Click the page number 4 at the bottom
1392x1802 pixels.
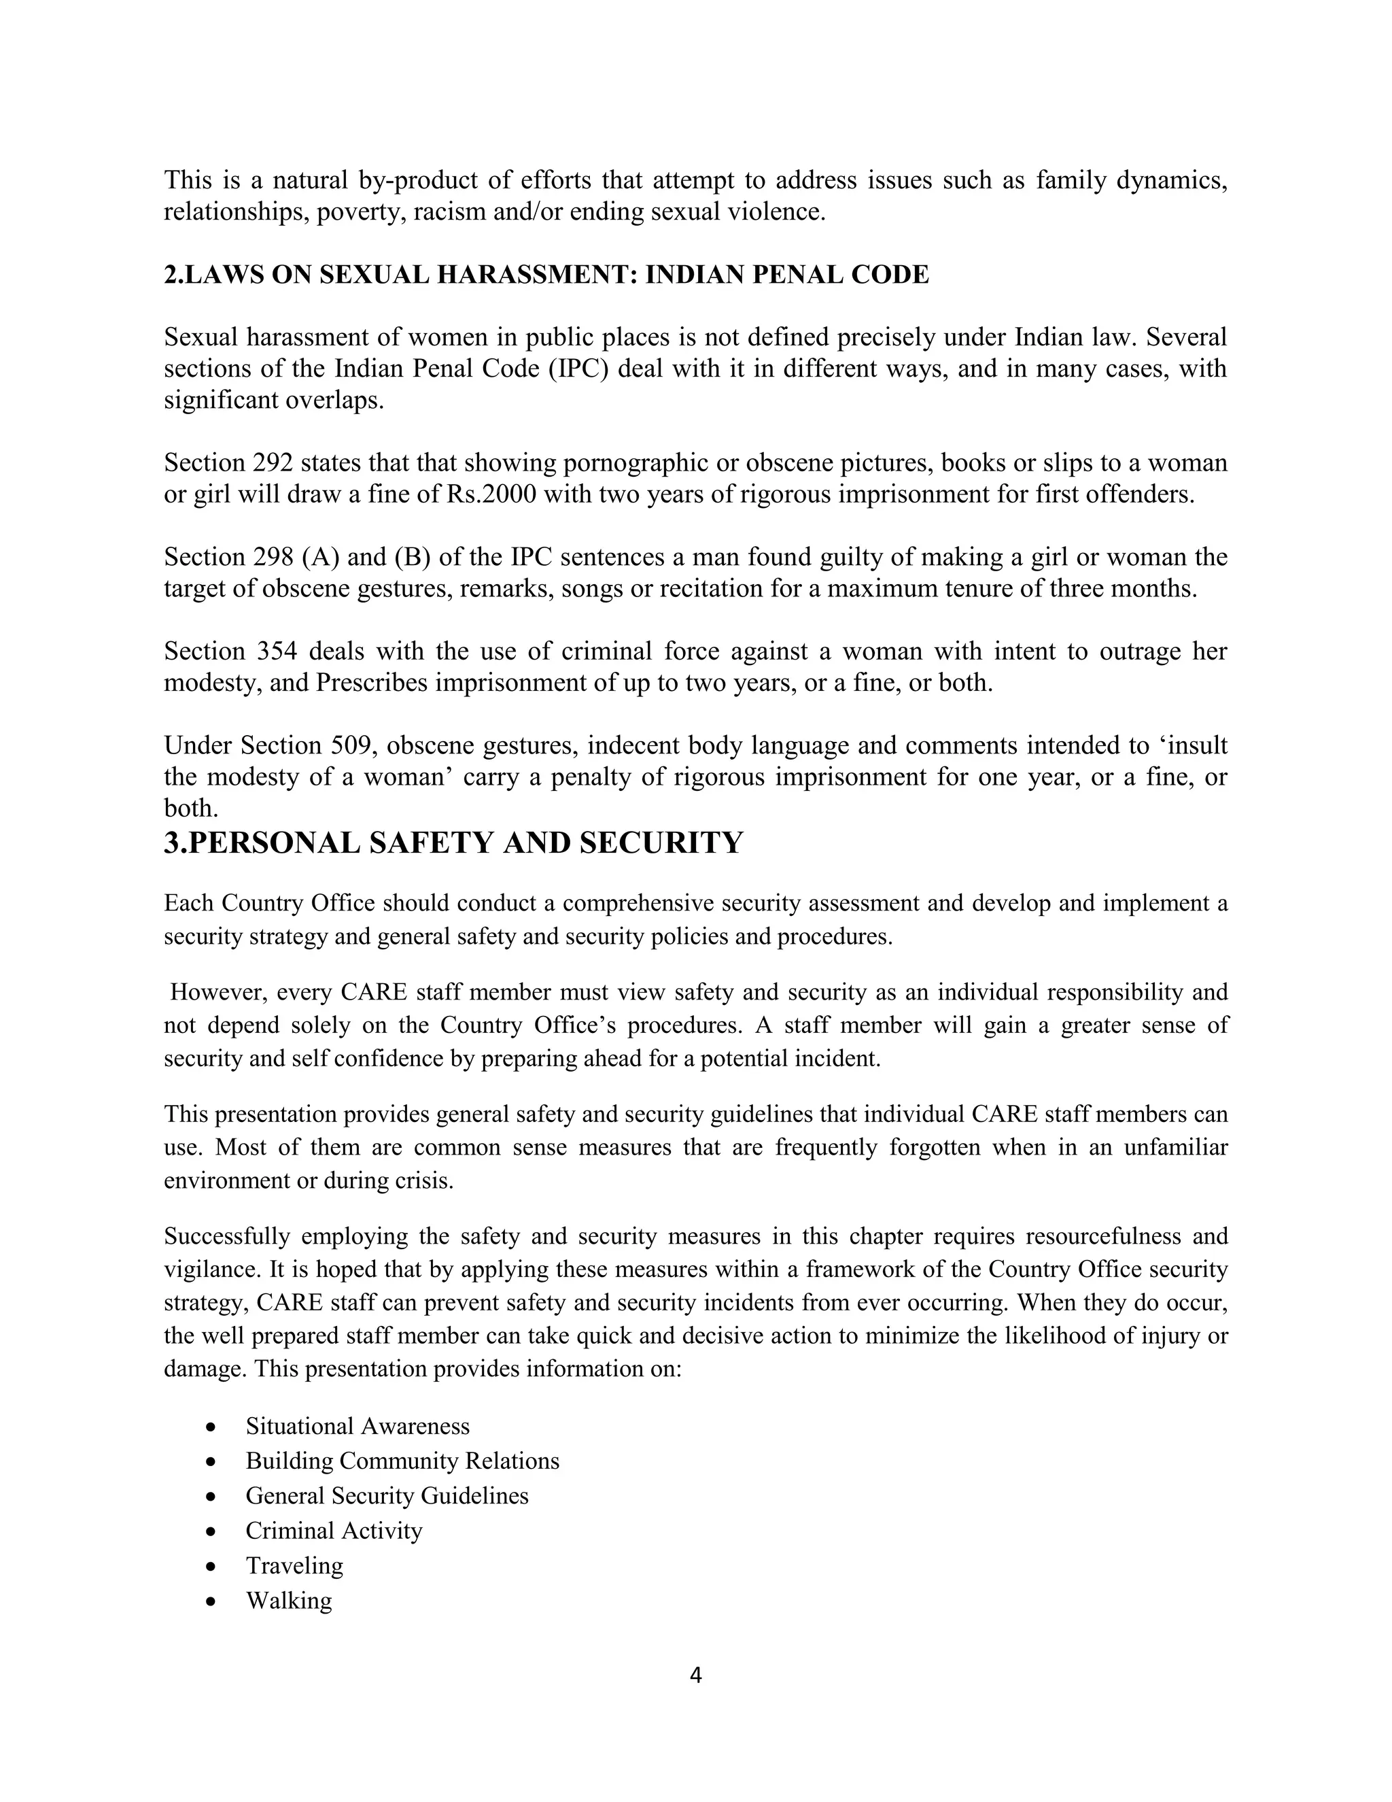[x=695, y=1674]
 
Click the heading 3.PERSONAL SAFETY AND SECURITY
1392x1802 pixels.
[x=453, y=843]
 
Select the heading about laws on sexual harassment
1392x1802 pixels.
[x=546, y=274]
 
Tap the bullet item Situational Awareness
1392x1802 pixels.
[x=357, y=1426]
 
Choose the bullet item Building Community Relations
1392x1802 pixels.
[x=402, y=1461]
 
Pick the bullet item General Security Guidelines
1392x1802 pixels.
[x=387, y=1495]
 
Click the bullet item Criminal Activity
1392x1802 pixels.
[x=334, y=1530]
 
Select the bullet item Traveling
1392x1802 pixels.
[x=294, y=1565]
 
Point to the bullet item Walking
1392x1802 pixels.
[x=289, y=1600]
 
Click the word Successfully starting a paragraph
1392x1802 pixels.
[x=227, y=1236]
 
